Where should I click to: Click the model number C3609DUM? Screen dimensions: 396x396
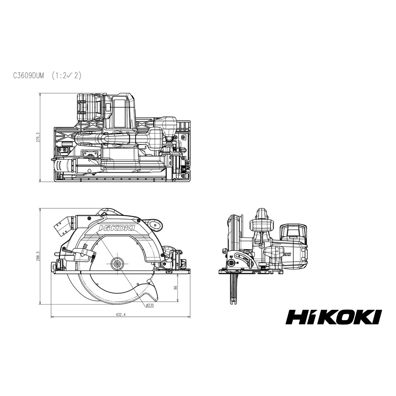[29, 76]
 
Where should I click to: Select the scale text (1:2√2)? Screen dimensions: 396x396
[67, 76]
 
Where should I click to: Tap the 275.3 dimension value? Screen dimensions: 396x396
[37, 138]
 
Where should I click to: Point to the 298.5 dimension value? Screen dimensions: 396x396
[37, 256]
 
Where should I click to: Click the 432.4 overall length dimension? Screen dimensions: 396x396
[121, 321]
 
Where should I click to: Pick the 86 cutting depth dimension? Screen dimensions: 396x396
[175, 287]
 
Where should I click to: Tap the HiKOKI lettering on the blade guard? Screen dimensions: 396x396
[117, 228]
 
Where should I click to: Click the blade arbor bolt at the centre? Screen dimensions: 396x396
[117, 264]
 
